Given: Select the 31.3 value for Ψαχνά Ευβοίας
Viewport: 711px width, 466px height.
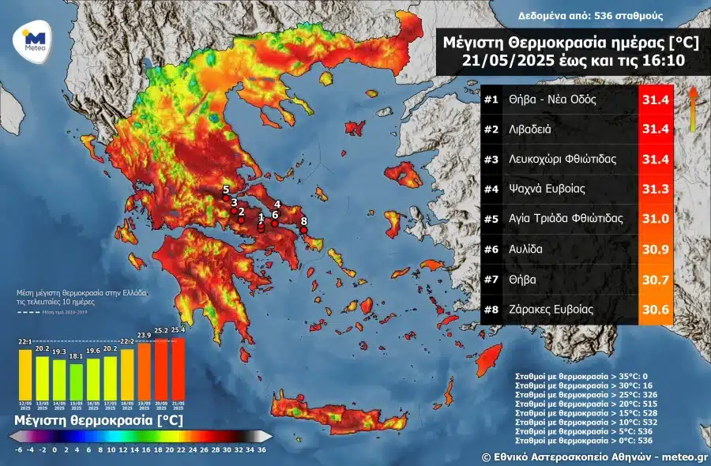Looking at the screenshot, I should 655,189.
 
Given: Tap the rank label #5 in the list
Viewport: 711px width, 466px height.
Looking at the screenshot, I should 491,219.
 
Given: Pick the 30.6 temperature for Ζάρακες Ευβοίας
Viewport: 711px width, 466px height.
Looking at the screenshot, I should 655,310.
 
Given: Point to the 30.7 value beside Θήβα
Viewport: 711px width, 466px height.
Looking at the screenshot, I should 655,280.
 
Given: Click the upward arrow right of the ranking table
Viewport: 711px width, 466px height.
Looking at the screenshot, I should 692,107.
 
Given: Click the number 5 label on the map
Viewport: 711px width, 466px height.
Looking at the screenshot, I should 226,190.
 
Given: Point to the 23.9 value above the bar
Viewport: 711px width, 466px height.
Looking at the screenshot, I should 144,335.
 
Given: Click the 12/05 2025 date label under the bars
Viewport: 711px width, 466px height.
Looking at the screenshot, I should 25,405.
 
